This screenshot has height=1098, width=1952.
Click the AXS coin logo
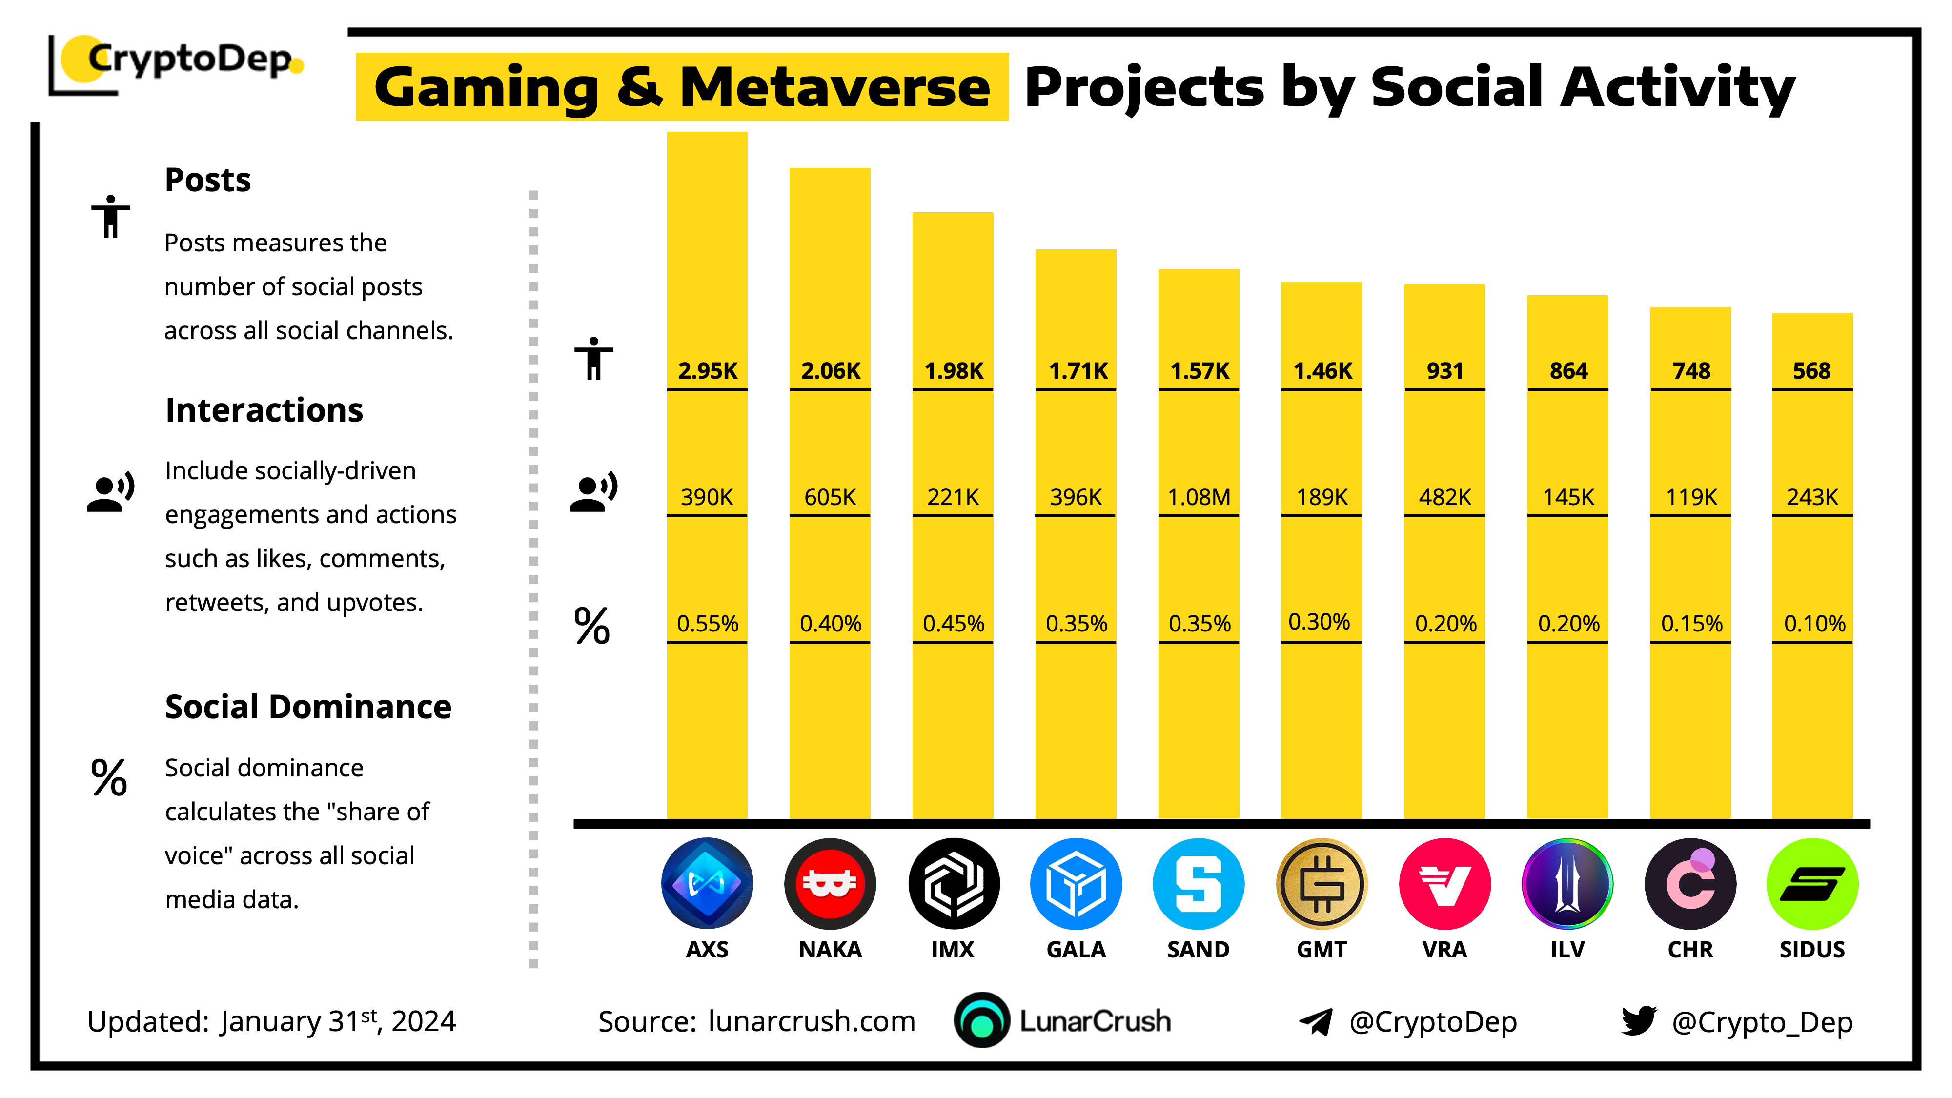click(707, 884)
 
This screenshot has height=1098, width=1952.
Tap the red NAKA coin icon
click(830, 884)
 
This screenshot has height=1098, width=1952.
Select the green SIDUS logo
click(1812, 884)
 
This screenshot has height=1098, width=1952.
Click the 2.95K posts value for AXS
click(707, 370)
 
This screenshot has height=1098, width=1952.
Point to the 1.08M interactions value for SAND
click(1199, 497)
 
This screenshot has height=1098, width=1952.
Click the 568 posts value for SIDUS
click(1812, 370)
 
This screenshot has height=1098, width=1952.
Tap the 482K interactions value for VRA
click(1445, 497)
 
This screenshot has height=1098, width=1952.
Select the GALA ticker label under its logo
click(1076, 950)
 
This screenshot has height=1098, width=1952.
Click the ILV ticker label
click(1567, 950)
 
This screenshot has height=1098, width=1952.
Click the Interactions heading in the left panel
click(264, 410)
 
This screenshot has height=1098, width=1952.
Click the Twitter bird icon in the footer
click(1639, 1021)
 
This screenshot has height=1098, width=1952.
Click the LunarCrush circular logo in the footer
click(982, 1020)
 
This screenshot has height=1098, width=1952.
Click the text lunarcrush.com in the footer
click(812, 1021)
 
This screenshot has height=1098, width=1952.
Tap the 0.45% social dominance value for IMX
click(953, 624)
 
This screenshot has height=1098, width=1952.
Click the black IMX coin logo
click(953, 884)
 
